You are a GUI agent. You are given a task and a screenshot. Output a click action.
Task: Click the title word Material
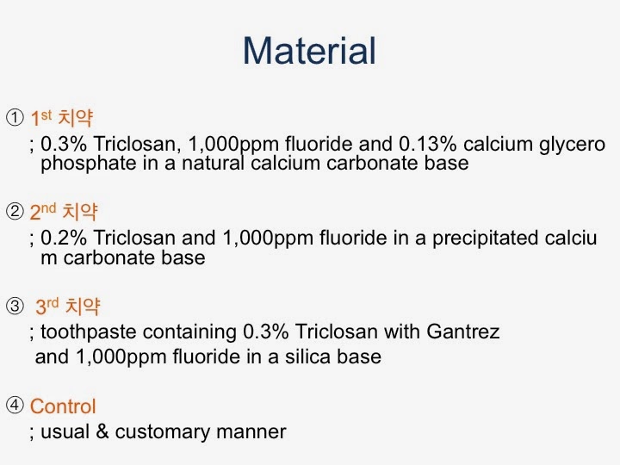[x=309, y=51]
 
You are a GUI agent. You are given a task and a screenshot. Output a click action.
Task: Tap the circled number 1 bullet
[x=15, y=117]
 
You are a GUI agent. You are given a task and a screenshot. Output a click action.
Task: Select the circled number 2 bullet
[x=15, y=211]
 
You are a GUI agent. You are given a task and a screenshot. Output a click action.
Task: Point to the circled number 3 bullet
[x=15, y=306]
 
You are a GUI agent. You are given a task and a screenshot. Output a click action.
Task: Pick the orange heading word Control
[x=63, y=406]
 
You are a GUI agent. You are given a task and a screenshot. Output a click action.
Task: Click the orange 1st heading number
[x=41, y=117]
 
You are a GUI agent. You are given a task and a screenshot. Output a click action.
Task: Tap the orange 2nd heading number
[x=43, y=212]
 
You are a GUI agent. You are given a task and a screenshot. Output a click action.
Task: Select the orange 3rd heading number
[x=47, y=306]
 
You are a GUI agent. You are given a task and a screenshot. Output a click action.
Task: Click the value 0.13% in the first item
[x=427, y=144]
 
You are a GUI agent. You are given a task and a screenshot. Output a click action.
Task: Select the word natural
[x=213, y=163]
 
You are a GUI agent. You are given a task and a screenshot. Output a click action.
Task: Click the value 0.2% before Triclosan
[x=64, y=238]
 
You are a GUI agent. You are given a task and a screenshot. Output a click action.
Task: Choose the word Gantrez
[x=463, y=332]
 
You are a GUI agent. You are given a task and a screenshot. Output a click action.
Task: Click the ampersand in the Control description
[x=102, y=431]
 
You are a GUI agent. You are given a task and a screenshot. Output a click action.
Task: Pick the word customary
[x=163, y=432]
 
